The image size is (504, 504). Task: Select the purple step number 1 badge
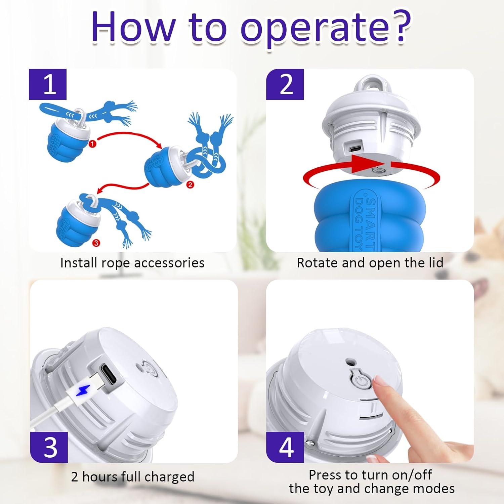[x=48, y=84]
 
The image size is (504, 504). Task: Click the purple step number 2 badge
[x=285, y=84]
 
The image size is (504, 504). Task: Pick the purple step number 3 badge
[x=49, y=447]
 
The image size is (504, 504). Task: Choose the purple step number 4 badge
[x=285, y=447]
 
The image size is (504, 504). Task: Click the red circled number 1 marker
[x=92, y=143]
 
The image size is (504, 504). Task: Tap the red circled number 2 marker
[x=190, y=184]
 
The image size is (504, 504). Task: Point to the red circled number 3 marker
[x=96, y=243]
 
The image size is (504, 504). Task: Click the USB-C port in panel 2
[x=355, y=149]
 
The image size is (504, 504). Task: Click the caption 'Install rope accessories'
[x=132, y=263]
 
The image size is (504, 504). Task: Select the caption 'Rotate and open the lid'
[x=370, y=263]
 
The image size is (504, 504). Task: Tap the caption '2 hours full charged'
[x=133, y=477]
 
